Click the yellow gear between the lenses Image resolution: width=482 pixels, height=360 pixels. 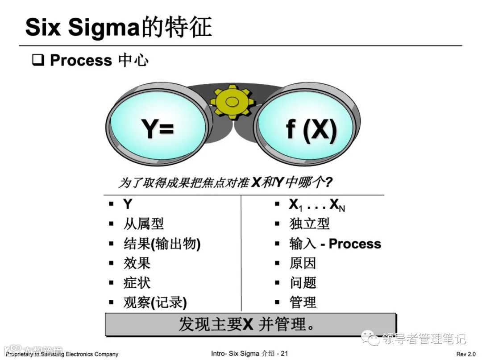coord(233,102)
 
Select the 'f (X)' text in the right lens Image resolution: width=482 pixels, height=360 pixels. coord(311,129)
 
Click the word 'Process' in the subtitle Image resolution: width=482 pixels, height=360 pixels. coord(81,60)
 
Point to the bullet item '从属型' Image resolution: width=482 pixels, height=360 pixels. coord(143,223)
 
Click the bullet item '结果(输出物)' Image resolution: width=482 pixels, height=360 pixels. coord(162,244)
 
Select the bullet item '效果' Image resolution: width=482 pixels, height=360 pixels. coord(137,263)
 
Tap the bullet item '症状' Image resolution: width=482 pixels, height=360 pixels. coord(137,283)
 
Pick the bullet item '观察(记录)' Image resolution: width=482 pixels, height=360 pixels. coord(155,302)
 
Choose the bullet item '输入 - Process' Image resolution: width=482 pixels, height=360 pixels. coord(335,244)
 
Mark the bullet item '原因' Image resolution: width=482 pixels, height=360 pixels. coord(303,263)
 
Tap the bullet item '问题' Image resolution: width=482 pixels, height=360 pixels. coord(303,283)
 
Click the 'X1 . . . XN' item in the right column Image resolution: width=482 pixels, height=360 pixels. coord(317,205)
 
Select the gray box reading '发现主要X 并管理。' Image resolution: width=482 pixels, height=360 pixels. coord(250,324)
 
